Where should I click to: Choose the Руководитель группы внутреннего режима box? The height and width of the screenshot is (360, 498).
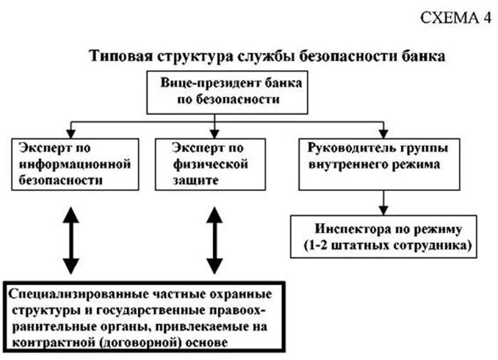pyautogui.click(x=382, y=165)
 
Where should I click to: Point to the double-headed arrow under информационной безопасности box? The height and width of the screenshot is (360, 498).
pyautogui.click(x=70, y=239)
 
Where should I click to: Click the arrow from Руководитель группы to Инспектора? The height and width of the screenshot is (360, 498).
pyautogui.click(x=383, y=203)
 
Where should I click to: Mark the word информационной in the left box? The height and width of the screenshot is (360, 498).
pyautogui.click(x=71, y=164)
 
